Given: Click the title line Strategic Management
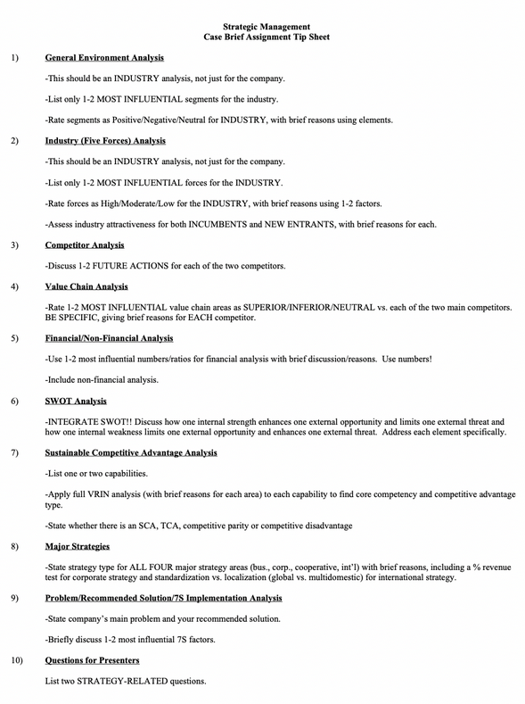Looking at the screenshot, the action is (262, 29).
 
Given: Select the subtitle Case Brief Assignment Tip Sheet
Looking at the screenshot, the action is (262, 40).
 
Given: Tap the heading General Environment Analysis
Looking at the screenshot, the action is (104, 57).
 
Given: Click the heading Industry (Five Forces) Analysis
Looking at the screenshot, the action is (105, 140).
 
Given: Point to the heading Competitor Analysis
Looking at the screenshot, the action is (85, 244).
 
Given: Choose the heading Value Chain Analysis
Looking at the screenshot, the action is (86, 286).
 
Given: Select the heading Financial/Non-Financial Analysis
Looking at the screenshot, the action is (109, 338).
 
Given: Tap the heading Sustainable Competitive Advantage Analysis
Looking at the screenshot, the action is (131, 452).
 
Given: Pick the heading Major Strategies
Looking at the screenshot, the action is (78, 546).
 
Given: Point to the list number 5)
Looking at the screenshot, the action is (15, 338).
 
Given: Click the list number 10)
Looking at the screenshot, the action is (17, 660).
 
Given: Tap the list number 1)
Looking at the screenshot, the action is (15, 57).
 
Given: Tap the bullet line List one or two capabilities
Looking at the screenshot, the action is (96, 473).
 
